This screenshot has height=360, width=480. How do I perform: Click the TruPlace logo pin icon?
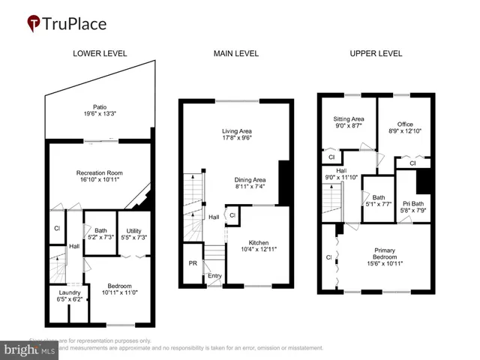[x=34, y=23]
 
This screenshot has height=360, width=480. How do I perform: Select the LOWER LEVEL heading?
[x=100, y=54]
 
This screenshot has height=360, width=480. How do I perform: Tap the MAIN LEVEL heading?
[x=235, y=54]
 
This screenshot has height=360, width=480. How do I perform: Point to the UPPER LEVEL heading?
[x=376, y=54]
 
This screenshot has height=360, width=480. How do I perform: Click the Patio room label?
[x=100, y=107]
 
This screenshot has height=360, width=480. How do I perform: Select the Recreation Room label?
[x=100, y=173]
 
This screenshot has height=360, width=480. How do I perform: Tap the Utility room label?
[x=135, y=231]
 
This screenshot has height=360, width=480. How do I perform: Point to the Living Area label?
[x=235, y=131]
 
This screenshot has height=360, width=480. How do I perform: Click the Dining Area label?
[x=250, y=180]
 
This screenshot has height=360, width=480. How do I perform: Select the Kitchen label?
[x=259, y=243]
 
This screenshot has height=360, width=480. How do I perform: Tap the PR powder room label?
[x=193, y=264]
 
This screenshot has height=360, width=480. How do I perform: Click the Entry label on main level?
[x=215, y=276]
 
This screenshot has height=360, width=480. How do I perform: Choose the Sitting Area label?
[x=348, y=118]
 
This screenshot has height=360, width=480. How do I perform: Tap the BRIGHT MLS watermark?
[x=28, y=350]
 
